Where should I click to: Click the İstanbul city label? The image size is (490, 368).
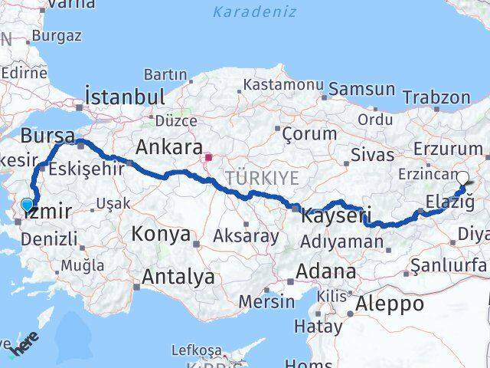126,97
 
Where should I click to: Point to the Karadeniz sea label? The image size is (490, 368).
244,11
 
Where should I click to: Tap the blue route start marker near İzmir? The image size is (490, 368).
28,205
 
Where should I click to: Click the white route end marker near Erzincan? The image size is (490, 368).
462,178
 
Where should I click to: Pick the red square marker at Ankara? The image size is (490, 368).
208,157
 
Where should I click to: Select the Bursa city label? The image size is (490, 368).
48,136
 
